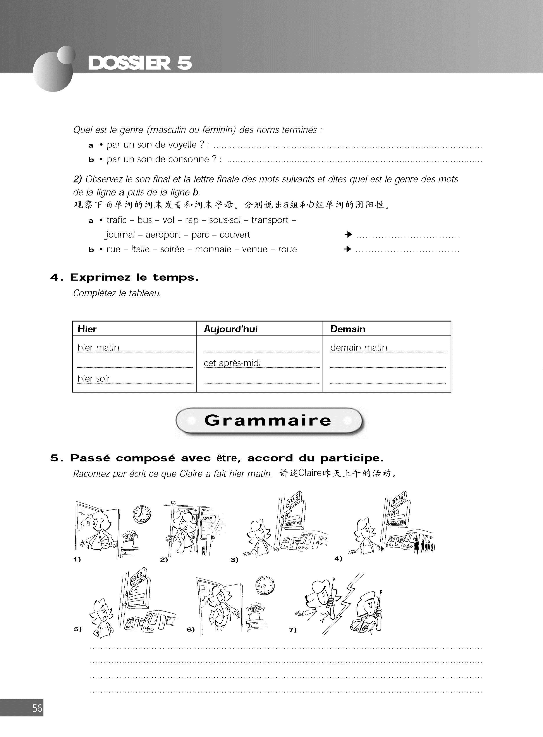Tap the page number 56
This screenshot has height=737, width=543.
(37, 708)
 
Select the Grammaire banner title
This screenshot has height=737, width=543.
(268, 420)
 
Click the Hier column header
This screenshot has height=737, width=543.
(87, 329)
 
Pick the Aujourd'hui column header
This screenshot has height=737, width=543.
(231, 329)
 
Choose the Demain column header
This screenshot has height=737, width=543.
(348, 329)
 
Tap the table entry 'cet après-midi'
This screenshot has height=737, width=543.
(232, 363)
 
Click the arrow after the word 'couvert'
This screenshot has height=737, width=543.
(348, 235)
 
